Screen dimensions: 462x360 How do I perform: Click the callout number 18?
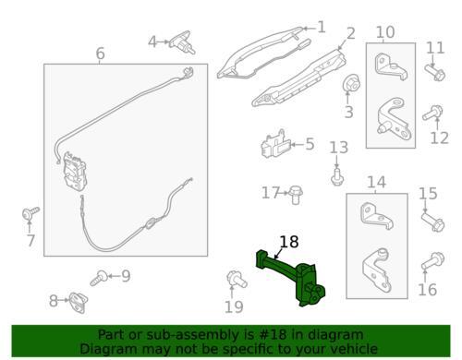289,242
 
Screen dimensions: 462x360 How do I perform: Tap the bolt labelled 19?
237,279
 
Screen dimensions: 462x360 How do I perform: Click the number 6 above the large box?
101,54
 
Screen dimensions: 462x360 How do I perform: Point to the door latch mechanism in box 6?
74,171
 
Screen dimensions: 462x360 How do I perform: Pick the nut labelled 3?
351,82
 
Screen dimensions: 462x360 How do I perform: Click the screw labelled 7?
30,213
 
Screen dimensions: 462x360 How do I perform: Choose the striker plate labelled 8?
79,302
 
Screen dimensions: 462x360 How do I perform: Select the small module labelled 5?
275,145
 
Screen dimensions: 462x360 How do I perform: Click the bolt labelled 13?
338,176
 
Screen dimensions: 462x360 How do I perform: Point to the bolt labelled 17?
295,195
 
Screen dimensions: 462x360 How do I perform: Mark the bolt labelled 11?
435,73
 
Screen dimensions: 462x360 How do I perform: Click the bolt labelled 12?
432,113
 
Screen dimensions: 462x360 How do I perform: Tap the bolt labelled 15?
432,222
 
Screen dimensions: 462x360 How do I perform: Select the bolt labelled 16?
432,260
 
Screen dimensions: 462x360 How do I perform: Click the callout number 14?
376,182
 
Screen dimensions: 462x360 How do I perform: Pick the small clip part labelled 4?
182,42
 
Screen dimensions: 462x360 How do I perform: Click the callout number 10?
385,32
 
